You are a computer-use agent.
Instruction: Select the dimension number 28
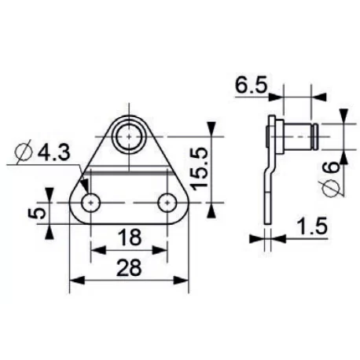130,267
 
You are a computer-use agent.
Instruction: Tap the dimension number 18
130,237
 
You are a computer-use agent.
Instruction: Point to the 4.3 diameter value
53,153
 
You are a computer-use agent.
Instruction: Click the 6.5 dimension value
251,85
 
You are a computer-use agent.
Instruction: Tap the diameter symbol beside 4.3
24,152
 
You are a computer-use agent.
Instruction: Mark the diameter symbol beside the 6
331,188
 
